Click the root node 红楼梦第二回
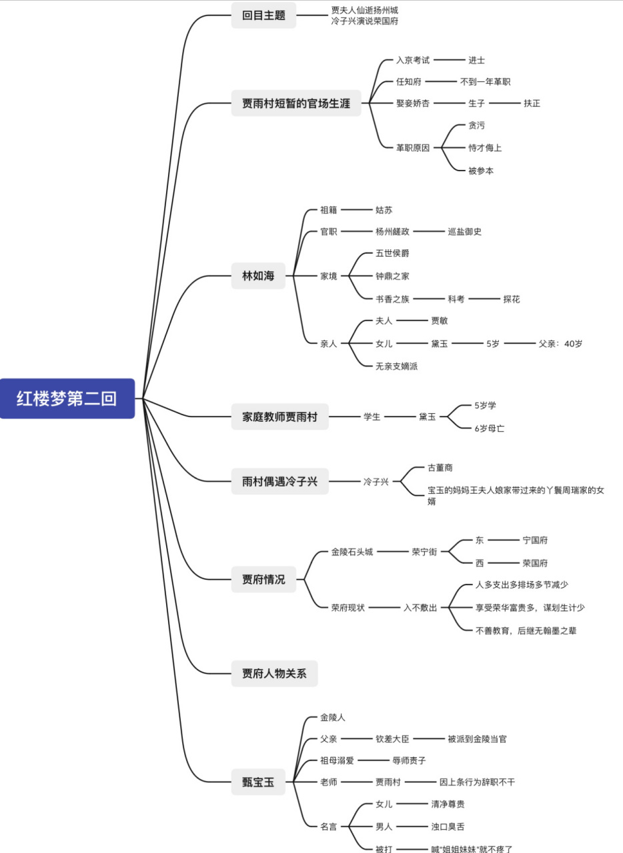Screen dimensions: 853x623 click(x=67, y=399)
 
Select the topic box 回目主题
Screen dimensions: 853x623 click(x=263, y=15)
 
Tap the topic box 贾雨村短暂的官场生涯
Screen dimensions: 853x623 click(x=295, y=103)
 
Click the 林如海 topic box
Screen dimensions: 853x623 click(x=258, y=275)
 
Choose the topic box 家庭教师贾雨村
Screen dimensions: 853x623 click(x=279, y=417)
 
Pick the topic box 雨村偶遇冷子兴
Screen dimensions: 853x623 click(x=279, y=481)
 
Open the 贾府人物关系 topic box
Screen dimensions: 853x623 click(x=274, y=673)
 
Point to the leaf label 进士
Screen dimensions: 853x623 click(x=476, y=60)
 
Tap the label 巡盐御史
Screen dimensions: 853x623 click(x=464, y=231)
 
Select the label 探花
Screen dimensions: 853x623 click(x=512, y=299)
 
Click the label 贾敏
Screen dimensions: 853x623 click(x=440, y=321)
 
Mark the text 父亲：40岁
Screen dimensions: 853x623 click(x=560, y=344)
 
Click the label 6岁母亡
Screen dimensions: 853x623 click(x=489, y=428)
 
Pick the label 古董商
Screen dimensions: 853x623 click(x=440, y=468)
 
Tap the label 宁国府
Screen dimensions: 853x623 click(x=535, y=540)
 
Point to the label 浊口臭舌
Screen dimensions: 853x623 click(x=448, y=826)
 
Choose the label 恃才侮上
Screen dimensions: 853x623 click(x=484, y=148)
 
